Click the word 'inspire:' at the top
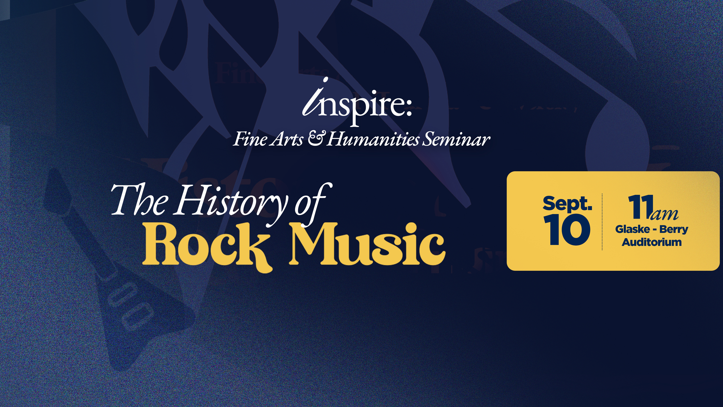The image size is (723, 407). click(x=357, y=102)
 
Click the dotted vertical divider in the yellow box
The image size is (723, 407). click(x=602, y=222)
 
